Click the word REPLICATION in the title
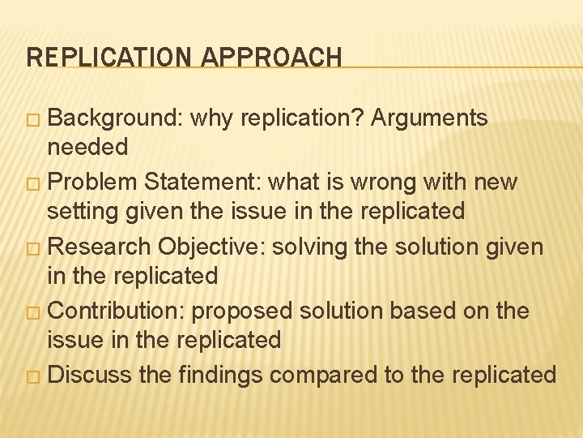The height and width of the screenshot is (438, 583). pyautogui.click(x=105, y=57)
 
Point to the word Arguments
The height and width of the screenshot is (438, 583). pyautogui.click(x=429, y=118)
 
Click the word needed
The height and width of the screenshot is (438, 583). pyautogui.click(x=87, y=147)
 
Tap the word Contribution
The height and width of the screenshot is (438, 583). pyautogui.click(x=120, y=311)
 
